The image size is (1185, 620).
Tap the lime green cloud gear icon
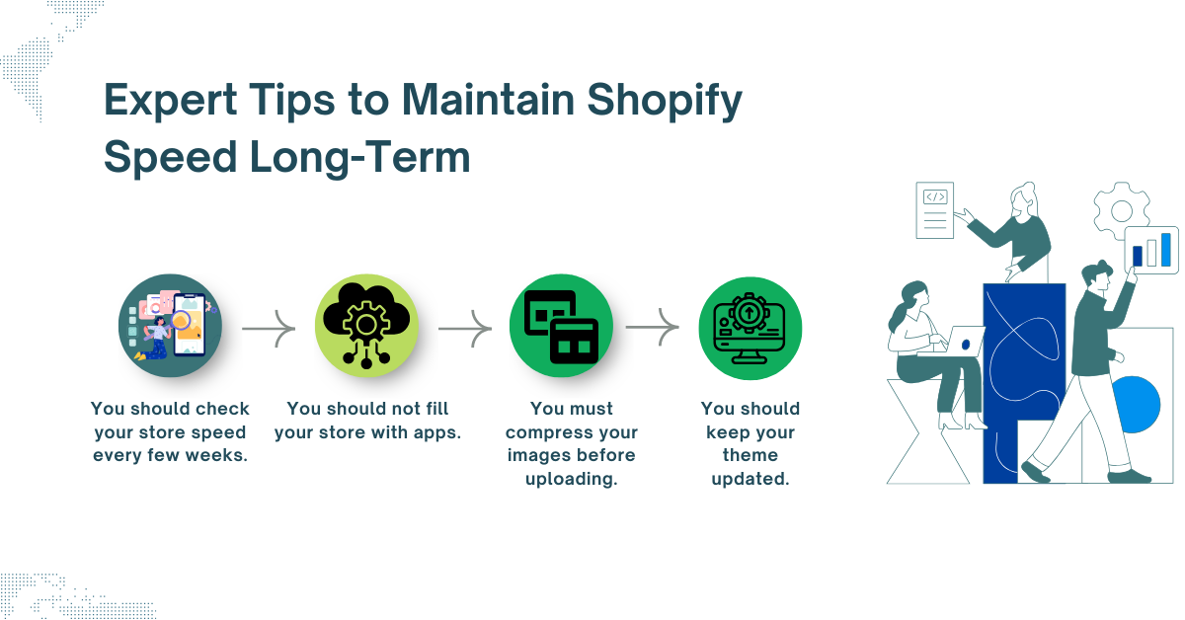pos(366,325)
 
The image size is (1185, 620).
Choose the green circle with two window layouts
pos(561,325)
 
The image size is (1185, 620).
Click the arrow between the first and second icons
pos(269,325)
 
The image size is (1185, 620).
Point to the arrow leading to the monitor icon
pos(653,325)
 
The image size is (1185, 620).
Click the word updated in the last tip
pos(750,479)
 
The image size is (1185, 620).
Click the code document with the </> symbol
pos(934,209)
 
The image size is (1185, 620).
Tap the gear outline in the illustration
pos(1121,209)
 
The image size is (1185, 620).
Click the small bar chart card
pos(1151,250)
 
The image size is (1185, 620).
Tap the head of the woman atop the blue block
pos(1024,197)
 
